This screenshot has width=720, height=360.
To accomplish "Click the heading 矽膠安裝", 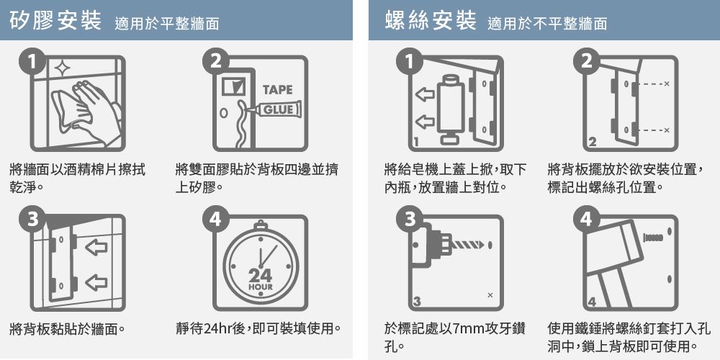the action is click(x=55, y=21).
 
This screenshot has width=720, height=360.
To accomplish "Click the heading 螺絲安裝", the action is click(x=431, y=21).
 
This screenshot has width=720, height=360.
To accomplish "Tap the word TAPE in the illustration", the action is click(x=277, y=90).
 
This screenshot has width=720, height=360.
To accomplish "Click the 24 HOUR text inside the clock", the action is click(x=261, y=279).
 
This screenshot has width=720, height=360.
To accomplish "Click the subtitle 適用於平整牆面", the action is click(x=167, y=24).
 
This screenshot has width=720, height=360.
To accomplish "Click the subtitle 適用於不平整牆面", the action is click(x=547, y=24).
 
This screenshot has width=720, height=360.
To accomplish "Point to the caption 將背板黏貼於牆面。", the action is click(x=67, y=329).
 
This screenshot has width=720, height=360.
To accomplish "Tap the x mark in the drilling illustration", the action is click(x=490, y=295).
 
